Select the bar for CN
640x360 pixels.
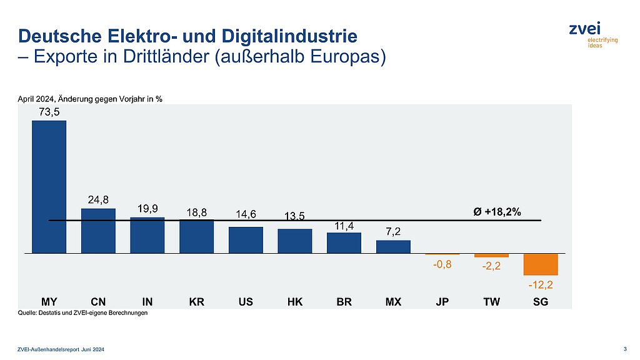98,231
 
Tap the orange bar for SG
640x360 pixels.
540,264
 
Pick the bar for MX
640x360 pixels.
393,247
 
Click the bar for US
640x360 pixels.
246,240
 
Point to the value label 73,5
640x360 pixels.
49,112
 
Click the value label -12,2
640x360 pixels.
540,285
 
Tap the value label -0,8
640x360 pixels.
442,264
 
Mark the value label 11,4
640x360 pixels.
344,225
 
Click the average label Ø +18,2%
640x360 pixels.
497,212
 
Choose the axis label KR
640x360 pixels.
196,302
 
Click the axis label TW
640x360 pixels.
491,302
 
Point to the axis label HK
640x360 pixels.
294,302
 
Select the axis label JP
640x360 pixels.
442,302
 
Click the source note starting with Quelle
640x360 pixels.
82,313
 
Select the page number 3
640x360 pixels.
626,348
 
